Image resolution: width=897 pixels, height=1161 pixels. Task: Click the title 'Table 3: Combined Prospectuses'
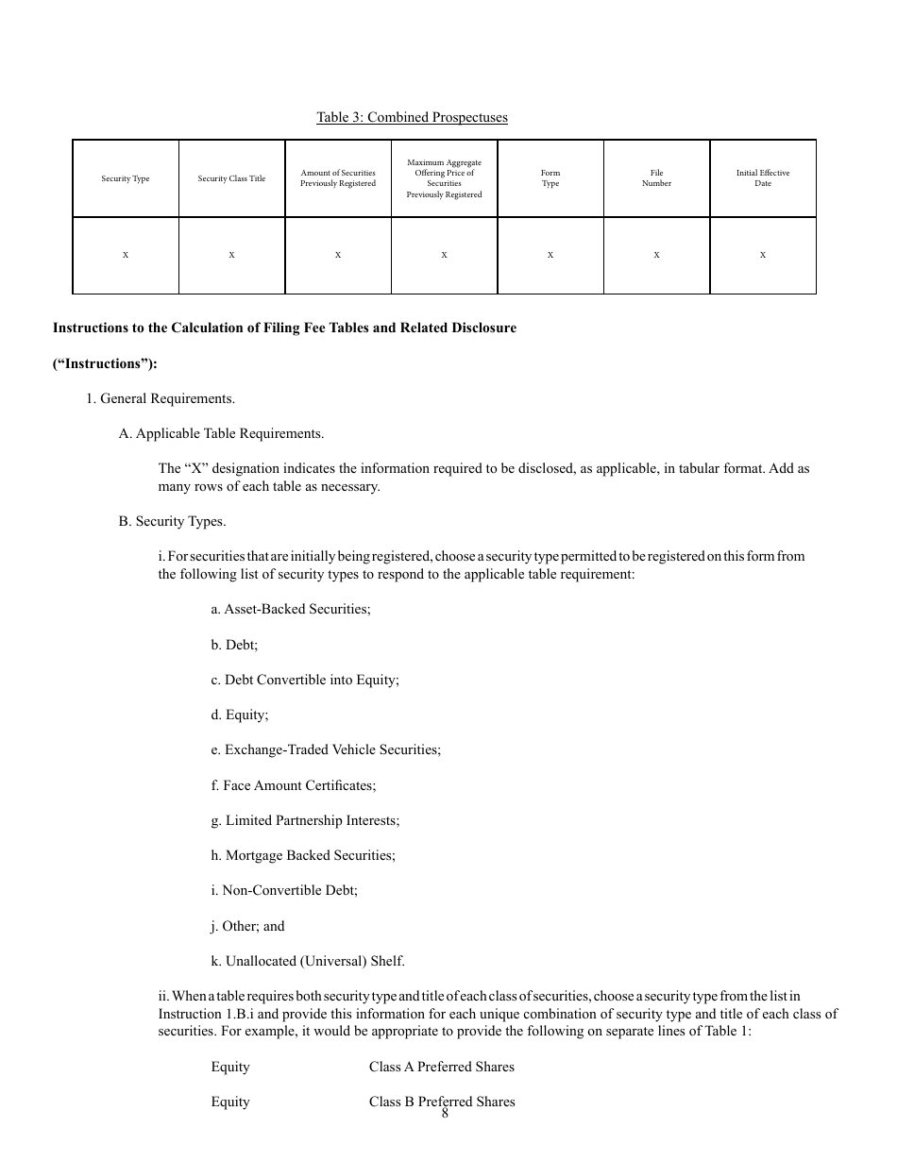coord(412,117)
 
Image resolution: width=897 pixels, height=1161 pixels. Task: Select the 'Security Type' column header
coord(126,178)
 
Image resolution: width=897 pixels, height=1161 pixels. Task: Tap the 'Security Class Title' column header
coord(231,178)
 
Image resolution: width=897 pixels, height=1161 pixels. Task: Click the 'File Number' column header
coord(656,178)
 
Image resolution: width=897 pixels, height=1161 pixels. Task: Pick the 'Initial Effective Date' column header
coord(763,178)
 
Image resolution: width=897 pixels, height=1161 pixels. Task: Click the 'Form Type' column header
coord(550,178)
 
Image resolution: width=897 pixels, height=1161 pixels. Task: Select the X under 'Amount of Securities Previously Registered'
coord(338,255)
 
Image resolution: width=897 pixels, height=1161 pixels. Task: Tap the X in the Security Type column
coord(126,255)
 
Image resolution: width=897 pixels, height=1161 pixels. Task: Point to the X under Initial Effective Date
coord(763,255)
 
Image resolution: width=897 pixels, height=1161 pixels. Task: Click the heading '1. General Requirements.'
coord(161,398)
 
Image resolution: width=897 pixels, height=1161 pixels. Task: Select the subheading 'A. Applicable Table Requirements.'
coord(221,433)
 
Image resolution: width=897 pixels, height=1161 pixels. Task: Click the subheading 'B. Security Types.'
coord(172,521)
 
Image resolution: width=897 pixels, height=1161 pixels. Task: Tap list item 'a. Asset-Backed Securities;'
coord(291,609)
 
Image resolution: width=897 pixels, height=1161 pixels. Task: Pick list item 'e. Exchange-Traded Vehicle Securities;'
coord(326,749)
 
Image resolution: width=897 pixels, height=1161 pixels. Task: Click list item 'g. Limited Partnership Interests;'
coord(305,820)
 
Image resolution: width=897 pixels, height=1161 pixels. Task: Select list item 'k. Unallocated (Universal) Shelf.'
coord(308,961)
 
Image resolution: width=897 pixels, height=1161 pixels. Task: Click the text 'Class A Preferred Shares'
coord(442,1067)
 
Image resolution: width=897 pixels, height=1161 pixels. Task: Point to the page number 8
coord(445,1114)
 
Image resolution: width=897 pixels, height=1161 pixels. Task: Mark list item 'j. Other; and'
coord(247,926)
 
